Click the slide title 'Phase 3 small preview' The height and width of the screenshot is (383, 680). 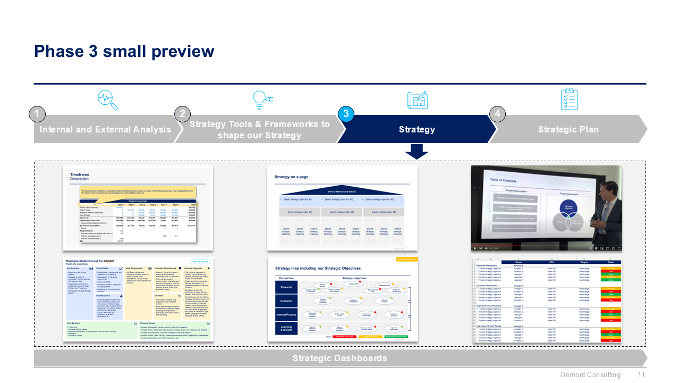coord(124,52)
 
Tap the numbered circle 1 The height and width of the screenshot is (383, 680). coord(37,114)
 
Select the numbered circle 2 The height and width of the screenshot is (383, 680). coord(182,114)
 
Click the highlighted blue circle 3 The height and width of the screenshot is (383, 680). coord(346,114)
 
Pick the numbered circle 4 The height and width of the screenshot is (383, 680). coord(497,114)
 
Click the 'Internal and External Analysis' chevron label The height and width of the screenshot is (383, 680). coord(105,129)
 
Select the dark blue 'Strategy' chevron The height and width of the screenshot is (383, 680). coord(416,129)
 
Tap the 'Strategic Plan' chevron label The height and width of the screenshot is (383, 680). coord(568,129)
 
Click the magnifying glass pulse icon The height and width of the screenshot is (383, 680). coord(108,99)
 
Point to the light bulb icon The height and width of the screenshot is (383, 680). coord(261,99)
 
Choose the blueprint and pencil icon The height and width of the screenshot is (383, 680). coord(417,99)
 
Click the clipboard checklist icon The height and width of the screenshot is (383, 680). coord(569,99)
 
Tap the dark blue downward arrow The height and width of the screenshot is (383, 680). coord(416,152)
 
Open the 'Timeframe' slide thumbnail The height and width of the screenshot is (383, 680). coord(138,208)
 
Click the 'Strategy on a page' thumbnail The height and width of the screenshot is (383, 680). coord(342,208)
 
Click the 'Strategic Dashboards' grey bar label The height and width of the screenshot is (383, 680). coord(339,358)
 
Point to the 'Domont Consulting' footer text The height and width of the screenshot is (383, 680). coord(590,375)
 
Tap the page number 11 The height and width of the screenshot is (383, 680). coord(641,375)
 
